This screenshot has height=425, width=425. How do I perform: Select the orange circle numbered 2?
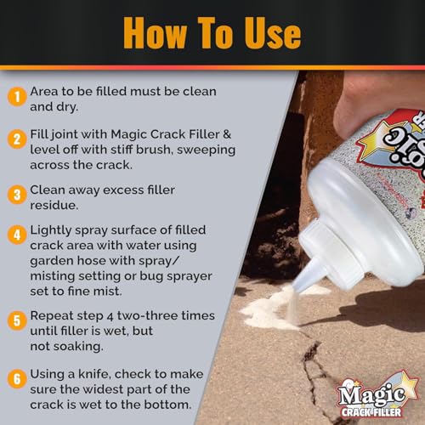click(15, 139)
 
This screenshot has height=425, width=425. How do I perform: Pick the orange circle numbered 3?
click(15, 195)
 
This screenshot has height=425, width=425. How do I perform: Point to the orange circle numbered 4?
click(15, 235)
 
